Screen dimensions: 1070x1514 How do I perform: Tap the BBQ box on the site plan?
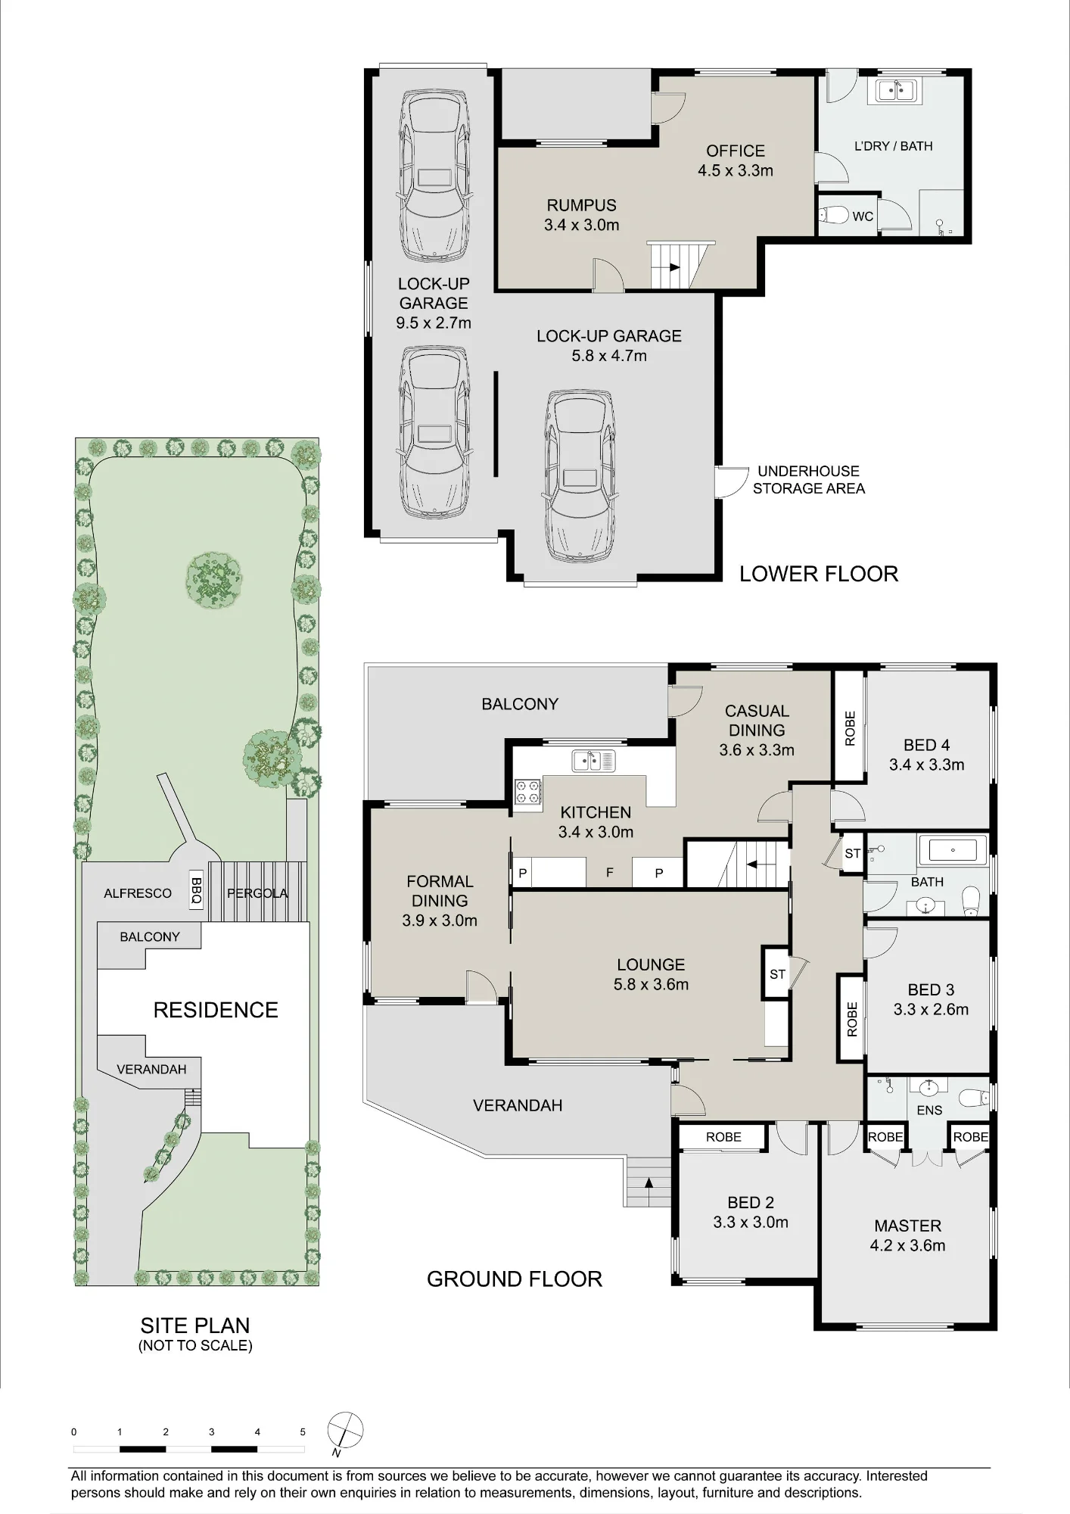[196, 889]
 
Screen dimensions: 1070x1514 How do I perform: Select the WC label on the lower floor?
[863, 217]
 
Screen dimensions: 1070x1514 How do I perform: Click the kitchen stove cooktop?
[528, 791]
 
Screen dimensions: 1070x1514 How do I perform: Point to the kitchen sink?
[594, 760]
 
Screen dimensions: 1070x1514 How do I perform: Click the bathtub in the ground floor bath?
[952, 850]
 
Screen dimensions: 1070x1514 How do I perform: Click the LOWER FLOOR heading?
[819, 574]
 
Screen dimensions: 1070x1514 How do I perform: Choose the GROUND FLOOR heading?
[515, 1279]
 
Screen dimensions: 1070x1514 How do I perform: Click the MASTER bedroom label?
[908, 1226]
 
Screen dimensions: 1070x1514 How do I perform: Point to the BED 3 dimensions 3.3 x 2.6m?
[931, 1009]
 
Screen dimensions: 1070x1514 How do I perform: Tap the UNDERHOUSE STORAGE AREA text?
[809, 480]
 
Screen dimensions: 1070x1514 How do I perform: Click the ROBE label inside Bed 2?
[723, 1137]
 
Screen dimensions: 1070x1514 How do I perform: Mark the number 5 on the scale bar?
[303, 1431]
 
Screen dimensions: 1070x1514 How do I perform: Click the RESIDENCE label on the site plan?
[216, 1010]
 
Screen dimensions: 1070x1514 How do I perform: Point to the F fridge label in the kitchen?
[610, 873]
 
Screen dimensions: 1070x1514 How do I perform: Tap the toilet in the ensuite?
[972, 1096]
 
